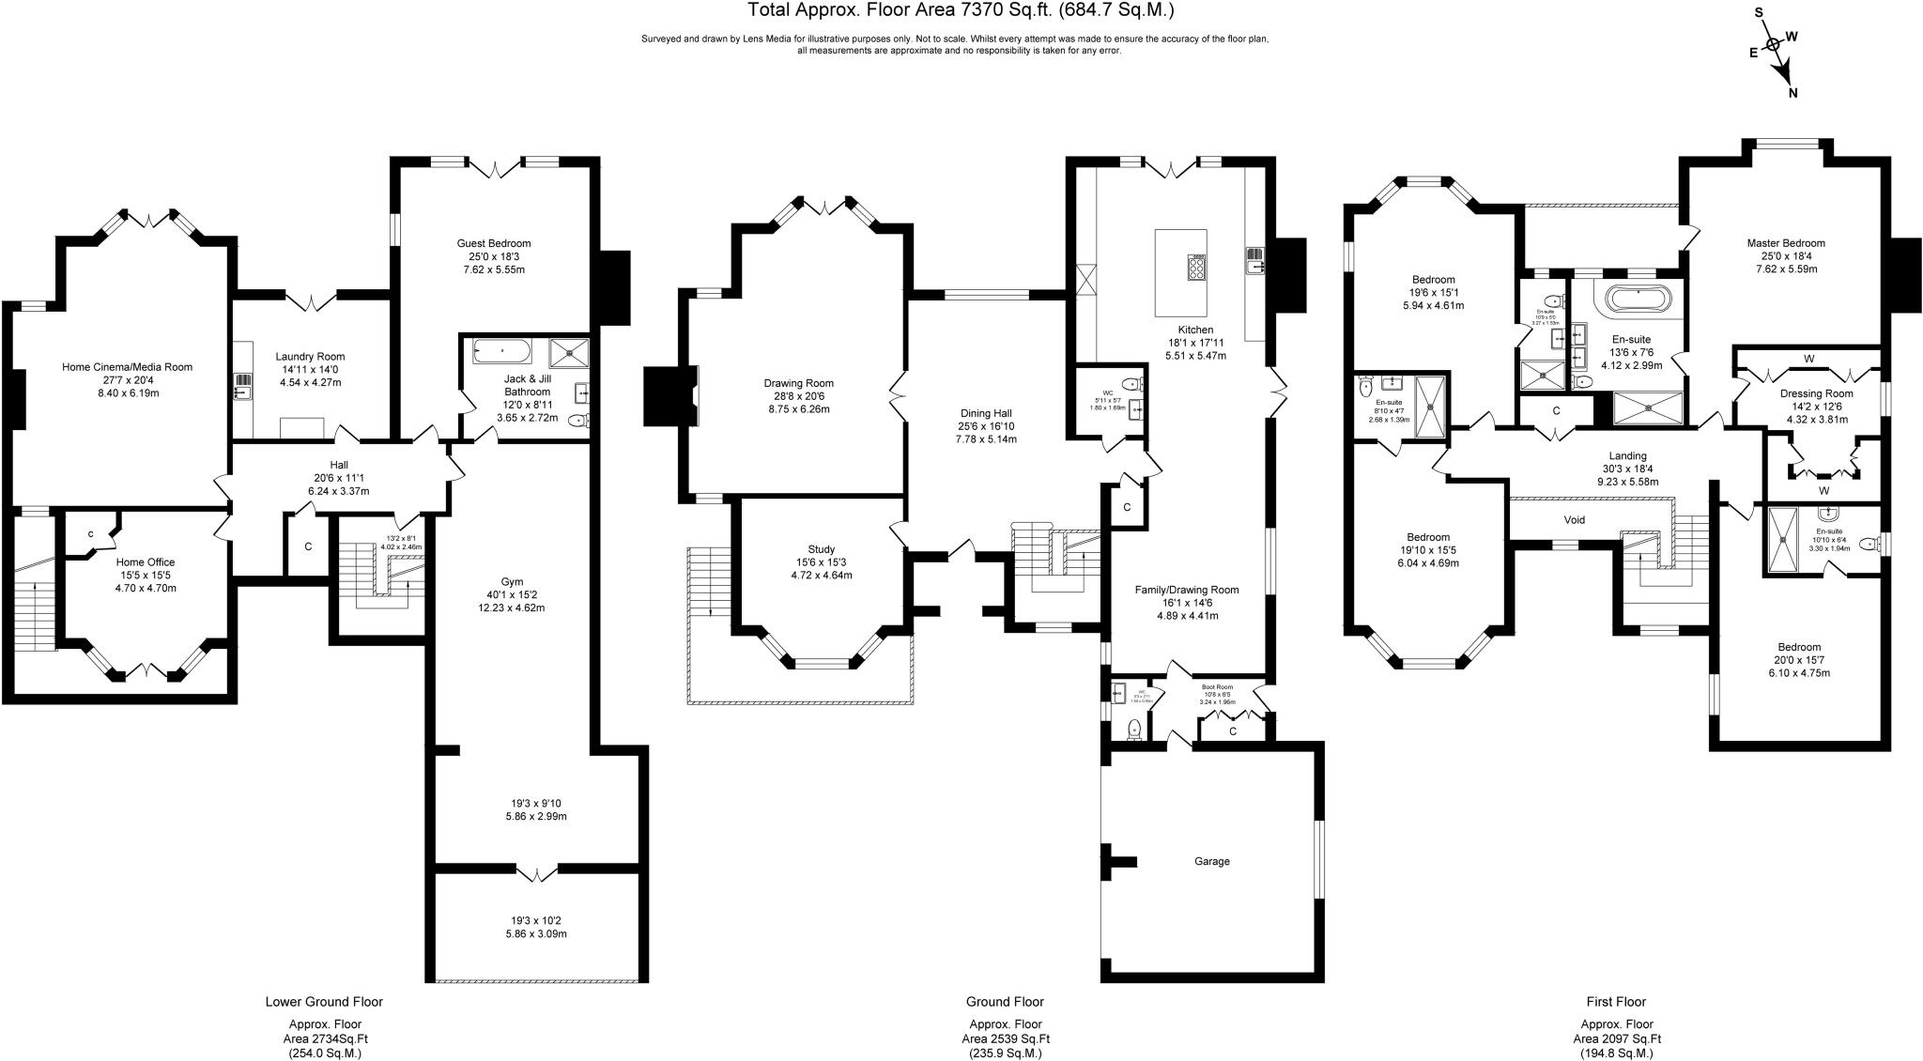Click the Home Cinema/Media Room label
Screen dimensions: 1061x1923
[127, 367]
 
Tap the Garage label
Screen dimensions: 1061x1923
[1211, 861]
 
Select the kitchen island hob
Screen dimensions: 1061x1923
[1197, 269]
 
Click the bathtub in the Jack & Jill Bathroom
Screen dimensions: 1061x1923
[502, 352]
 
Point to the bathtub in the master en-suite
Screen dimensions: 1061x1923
[1638, 299]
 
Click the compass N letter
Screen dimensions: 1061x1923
[1792, 92]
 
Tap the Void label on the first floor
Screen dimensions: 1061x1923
[1574, 519]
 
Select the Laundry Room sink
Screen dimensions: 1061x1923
[243, 385]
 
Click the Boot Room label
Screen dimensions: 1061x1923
[1217, 686]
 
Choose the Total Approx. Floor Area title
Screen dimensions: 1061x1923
[961, 10]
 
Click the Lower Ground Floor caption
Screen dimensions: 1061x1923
[324, 1002]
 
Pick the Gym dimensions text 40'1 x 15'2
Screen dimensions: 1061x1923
[512, 594]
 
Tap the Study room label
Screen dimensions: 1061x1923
[821, 549]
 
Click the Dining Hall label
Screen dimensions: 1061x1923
[986, 413]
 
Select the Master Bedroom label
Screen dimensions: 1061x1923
[1786, 243]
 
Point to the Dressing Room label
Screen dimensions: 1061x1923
[1816, 393]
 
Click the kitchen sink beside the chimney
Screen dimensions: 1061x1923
[1254, 260]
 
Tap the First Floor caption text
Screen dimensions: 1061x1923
[1616, 1002]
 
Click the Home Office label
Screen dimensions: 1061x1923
[146, 562]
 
